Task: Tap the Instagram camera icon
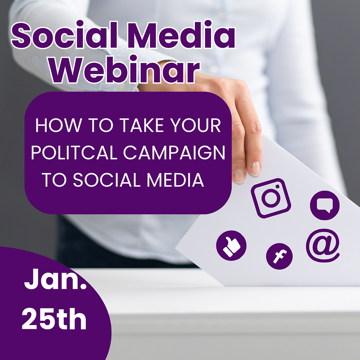(271, 197)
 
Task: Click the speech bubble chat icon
(325, 206)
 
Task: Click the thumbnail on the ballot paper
(239, 176)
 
